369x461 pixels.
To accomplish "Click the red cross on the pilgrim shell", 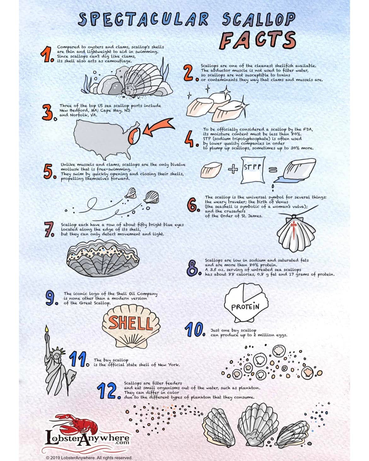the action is coord(294,228).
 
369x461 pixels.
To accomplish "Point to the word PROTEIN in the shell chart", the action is coord(245,307).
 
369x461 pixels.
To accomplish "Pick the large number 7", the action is coord(49,229).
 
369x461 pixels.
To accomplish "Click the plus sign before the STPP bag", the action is coord(233,170).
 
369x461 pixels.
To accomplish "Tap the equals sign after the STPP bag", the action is coord(273,170).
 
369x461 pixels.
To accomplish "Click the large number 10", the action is coord(195,330).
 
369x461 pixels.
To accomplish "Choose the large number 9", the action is coord(51,298).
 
